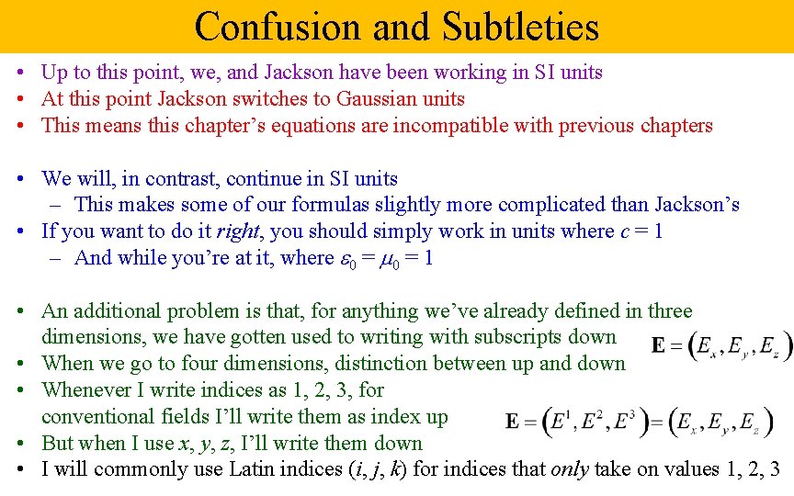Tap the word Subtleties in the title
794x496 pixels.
click(521, 28)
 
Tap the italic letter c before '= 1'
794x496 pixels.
click(625, 231)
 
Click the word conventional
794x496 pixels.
click(94, 417)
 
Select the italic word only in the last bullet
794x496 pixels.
click(569, 469)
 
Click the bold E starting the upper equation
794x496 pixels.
click(659, 346)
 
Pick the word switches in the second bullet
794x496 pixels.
click(269, 99)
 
